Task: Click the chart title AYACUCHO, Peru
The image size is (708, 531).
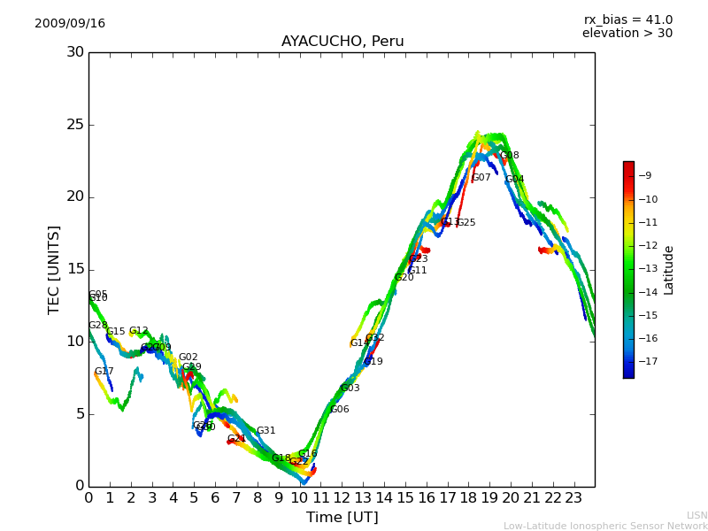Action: [x=342, y=42]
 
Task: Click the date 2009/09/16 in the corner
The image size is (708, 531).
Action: [x=70, y=24]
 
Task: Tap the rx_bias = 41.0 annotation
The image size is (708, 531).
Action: [x=627, y=20]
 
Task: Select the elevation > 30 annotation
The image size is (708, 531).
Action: [x=627, y=34]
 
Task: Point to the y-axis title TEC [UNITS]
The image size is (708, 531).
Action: [x=54, y=269]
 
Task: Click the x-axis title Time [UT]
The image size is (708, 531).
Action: [x=342, y=518]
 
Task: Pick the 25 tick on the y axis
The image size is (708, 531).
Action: [x=75, y=125]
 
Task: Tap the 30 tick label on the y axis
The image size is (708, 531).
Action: [x=75, y=52]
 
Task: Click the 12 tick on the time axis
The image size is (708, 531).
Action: [x=342, y=498]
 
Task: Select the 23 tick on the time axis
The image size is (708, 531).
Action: [x=573, y=498]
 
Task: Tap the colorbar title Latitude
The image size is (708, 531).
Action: [x=669, y=269]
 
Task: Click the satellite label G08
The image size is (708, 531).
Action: [x=509, y=156]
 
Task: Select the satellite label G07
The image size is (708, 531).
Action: [x=481, y=178]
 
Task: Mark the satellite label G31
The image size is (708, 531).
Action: [x=265, y=431]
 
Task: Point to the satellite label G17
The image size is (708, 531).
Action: [x=104, y=372]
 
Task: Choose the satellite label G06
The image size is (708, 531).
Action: [x=339, y=410]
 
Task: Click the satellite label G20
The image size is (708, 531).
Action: [x=404, y=278]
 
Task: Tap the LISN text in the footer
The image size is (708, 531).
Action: [x=697, y=515]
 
